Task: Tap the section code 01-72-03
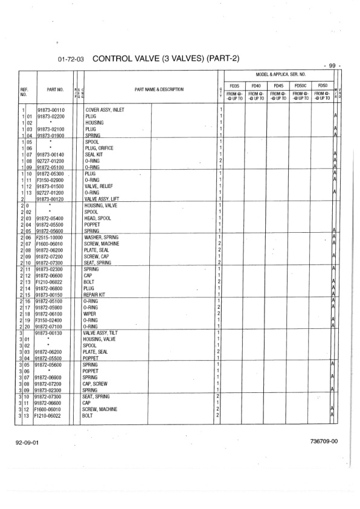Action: click(71, 60)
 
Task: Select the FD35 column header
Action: click(234, 85)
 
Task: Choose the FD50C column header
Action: click(300, 85)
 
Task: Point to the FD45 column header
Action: click(278, 85)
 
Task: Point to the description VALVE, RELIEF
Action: click(100, 186)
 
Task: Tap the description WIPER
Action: click(91, 314)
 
